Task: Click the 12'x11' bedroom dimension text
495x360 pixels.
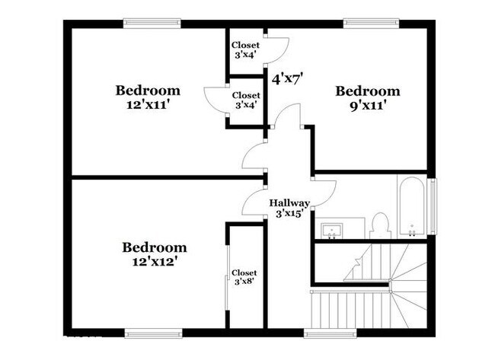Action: (x=148, y=104)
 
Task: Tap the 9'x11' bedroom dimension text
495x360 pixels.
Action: (x=368, y=105)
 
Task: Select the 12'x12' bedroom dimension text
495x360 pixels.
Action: (x=154, y=261)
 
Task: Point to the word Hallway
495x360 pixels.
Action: (x=289, y=203)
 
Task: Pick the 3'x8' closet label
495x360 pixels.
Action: (x=244, y=282)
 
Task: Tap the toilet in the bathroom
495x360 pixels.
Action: (x=380, y=226)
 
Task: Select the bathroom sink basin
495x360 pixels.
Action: (x=332, y=230)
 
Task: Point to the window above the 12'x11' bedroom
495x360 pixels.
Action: (x=152, y=24)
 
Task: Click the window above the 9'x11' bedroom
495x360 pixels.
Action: (x=372, y=24)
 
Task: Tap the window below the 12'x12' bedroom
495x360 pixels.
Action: (x=153, y=333)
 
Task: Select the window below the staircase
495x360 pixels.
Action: (x=331, y=333)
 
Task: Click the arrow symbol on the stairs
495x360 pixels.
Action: (x=359, y=260)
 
